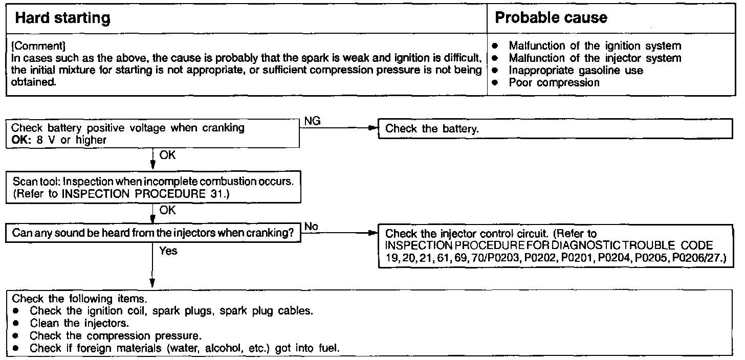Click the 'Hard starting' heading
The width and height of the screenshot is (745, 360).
tap(62, 18)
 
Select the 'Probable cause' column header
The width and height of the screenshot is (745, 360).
tap(551, 18)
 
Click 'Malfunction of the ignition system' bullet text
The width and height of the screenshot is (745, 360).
tap(595, 46)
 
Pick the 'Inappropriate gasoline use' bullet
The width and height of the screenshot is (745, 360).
tap(576, 70)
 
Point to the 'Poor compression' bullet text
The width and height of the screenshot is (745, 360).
tap(554, 82)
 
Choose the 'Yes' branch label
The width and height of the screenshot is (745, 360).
tap(168, 251)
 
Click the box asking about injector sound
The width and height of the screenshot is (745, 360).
tap(152, 233)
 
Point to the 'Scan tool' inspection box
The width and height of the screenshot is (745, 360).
tap(152, 189)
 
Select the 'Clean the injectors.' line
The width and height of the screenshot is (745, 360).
tap(79, 323)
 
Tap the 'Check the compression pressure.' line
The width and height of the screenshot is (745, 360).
tap(115, 336)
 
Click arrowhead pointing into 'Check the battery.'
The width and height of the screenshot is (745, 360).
tap(373, 129)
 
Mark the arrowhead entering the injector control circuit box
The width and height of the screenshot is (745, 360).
tap(373, 233)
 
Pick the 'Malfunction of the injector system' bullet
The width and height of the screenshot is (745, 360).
tap(595, 58)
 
